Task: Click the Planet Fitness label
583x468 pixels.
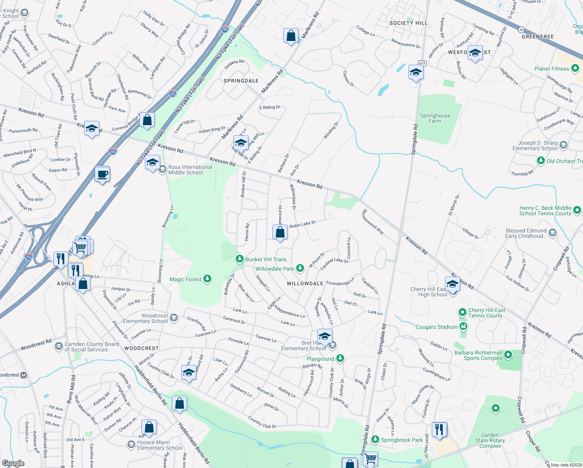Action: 551,69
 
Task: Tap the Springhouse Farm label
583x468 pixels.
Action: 435,118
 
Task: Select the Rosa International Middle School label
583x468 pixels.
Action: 190,170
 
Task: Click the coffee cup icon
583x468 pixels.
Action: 102,174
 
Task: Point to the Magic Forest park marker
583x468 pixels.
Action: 208,278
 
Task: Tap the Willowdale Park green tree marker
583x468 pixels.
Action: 300,268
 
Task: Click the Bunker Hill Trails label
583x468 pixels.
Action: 266,259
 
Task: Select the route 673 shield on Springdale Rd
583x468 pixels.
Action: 422,63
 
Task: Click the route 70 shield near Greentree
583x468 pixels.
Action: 521,30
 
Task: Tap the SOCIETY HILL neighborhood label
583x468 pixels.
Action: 408,23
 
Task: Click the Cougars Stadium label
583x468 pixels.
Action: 436,327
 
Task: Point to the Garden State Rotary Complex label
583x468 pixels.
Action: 490,440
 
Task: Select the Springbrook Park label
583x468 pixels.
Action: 402,440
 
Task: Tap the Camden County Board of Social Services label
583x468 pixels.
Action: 92,347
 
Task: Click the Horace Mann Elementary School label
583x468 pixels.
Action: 159,445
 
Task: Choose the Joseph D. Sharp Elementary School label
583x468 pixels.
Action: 535,145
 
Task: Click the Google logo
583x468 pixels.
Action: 13,463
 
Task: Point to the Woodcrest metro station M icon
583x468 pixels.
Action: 23,375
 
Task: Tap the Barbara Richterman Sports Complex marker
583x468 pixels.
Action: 508,355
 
